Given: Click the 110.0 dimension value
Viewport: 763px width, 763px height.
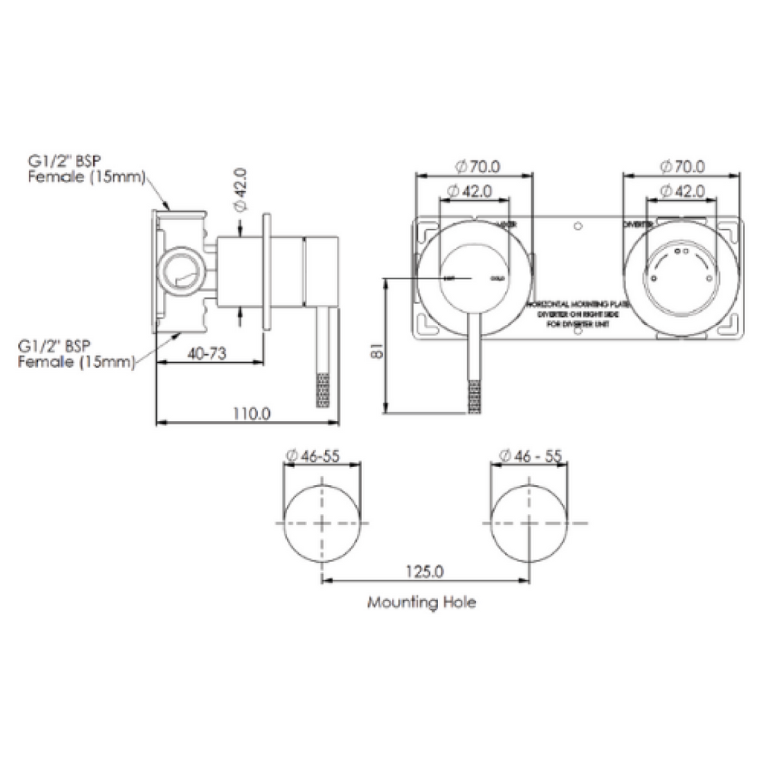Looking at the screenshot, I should pos(250,413).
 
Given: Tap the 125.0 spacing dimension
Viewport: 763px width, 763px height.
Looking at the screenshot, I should pos(426,572).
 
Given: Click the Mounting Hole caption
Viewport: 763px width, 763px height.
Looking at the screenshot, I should pos(422,601).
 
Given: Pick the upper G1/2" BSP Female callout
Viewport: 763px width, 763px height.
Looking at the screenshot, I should pos(86,169).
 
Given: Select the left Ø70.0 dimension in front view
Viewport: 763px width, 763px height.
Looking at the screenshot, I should pos(474,165).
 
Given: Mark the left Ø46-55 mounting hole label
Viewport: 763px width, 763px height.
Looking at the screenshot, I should pos(313,455).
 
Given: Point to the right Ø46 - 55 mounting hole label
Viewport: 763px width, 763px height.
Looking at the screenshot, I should pos(530,455).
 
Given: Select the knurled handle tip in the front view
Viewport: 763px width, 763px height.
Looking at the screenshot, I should pos(474,396).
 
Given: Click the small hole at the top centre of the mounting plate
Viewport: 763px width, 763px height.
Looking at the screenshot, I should pos(577,224).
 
